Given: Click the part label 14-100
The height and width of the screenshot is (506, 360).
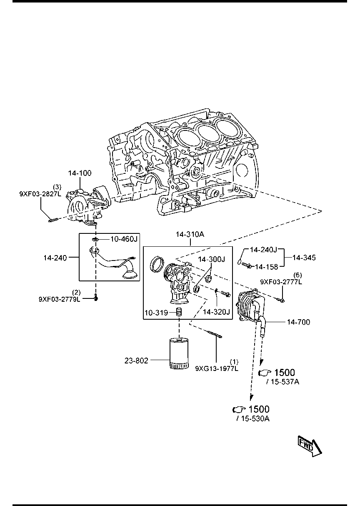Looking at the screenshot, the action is pyautogui.click(x=80, y=173).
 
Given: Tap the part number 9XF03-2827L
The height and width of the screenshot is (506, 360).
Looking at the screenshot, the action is pyautogui.click(x=40, y=194).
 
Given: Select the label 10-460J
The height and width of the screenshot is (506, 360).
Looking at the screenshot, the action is pyautogui.click(x=124, y=239).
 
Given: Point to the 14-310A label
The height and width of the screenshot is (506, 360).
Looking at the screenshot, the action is pyautogui.click(x=190, y=234).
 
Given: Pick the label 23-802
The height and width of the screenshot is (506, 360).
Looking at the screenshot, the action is pyautogui.click(x=136, y=361).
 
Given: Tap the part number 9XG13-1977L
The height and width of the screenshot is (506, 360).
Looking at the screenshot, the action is pyautogui.click(x=217, y=369).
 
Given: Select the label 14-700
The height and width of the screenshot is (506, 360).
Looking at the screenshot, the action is pyautogui.click(x=298, y=322).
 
